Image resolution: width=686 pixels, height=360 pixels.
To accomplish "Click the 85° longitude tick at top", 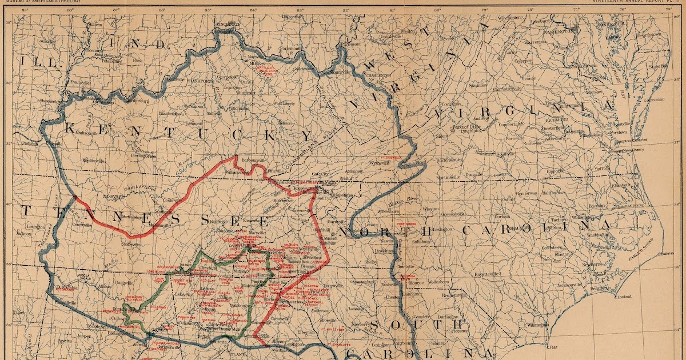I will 208,10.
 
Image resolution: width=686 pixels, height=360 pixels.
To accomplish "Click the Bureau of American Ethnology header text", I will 42,2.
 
